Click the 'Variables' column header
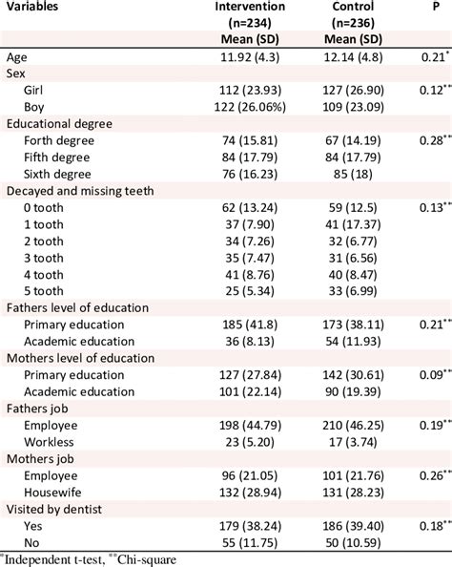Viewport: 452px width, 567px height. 37,9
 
